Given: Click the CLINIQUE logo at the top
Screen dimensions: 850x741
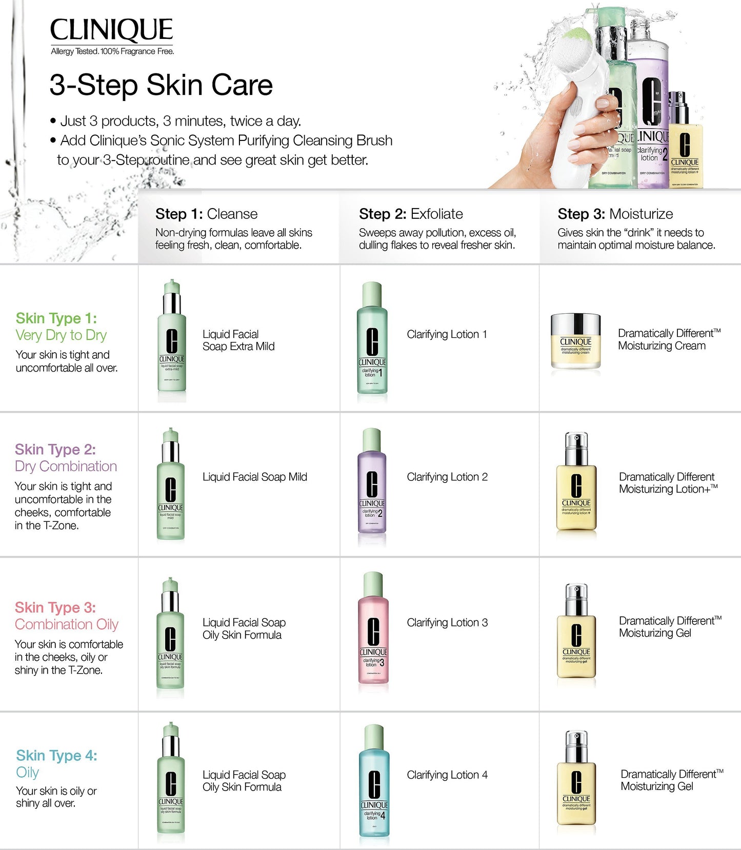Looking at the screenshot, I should pos(111,30).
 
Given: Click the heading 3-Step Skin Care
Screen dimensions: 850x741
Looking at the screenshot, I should pos(161,85).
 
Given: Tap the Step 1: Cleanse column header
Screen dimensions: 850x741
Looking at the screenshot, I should pos(206,214).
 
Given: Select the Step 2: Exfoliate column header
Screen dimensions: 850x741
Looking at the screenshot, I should pos(411,214).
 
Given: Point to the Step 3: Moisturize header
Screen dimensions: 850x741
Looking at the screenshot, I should pos(615,214).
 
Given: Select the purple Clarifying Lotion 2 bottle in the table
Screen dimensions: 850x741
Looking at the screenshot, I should pos(372,487).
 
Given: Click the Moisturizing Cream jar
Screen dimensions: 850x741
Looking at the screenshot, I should pos(575,341).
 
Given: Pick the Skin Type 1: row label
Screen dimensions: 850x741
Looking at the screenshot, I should pos(56,318).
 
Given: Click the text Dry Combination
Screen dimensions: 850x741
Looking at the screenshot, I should pos(66,467).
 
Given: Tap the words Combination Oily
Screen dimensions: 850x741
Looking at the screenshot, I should pos(67,624).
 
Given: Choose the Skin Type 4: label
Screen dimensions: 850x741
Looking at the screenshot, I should pos(56,756).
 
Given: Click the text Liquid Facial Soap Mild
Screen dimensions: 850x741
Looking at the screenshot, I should pos(254,477).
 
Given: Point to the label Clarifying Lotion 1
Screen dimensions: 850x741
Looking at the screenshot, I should pos(447,334).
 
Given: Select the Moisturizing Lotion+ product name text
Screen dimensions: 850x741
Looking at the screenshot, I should pos(668,483).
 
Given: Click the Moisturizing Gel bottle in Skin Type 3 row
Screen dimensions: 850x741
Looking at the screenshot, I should pos(576,636).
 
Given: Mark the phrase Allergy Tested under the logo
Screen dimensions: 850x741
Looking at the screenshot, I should pos(74,51).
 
